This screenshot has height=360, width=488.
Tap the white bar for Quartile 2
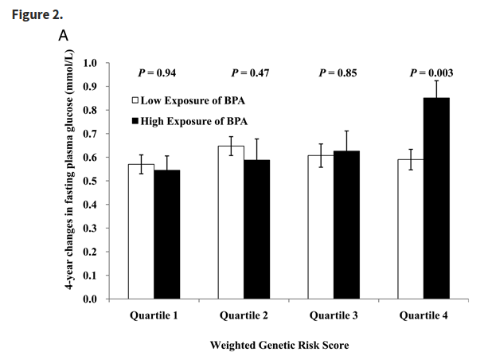[231, 223]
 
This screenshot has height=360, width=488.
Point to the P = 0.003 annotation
[431, 73]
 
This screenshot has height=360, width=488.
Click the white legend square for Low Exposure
[135, 102]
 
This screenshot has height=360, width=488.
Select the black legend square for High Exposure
[135, 122]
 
